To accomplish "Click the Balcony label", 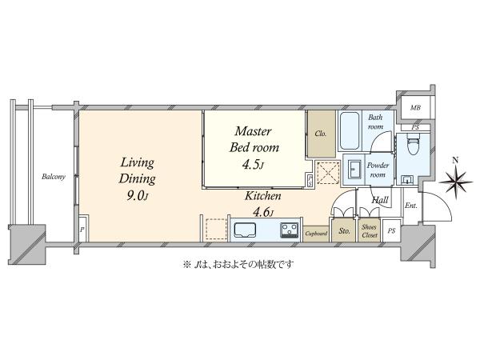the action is pos(54,177).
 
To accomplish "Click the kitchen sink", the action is pos(245,230).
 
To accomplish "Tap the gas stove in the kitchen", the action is pos(290,230).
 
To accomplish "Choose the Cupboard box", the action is pos(316,234).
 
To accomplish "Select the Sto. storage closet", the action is pos(344,230).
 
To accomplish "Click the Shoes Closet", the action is pos(369,230).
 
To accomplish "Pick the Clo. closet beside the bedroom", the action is pos(322,134).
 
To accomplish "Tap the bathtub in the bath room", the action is pos(350,130).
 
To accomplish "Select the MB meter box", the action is pos(415,107).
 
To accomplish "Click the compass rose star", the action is pos(455,182).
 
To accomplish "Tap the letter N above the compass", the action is pos(455,160).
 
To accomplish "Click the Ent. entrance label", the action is pos(411,206).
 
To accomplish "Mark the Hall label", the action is pos(380,200).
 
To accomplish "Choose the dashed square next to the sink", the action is pos(216,230).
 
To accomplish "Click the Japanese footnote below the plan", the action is pos(238,264).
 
